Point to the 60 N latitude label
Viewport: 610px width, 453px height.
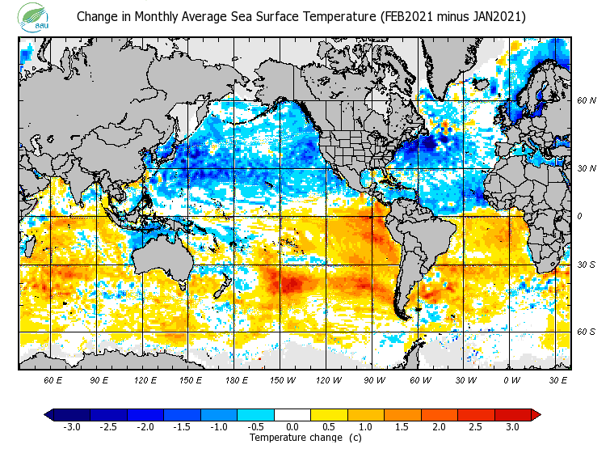coord(586,101)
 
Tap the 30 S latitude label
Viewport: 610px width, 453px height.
coord(586,265)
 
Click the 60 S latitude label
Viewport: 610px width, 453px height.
coord(586,332)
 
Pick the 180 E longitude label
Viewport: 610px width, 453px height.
coord(236,379)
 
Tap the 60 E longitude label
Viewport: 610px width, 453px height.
coord(53,379)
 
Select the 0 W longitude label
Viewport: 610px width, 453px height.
coord(511,379)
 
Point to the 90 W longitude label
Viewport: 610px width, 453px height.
coord(374,379)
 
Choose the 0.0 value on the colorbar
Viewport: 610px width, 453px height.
coord(292,426)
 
